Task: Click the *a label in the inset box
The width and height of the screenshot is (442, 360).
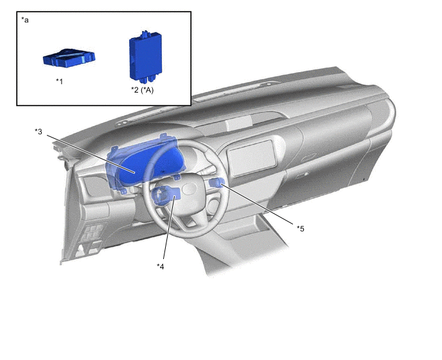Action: click(25, 20)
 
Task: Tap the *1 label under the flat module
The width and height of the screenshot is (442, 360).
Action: click(59, 81)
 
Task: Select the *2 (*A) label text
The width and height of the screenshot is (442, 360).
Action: click(143, 90)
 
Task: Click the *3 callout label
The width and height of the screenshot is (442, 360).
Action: click(39, 132)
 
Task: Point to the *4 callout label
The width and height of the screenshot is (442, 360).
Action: click(161, 266)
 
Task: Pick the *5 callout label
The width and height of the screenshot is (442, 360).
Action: click(301, 228)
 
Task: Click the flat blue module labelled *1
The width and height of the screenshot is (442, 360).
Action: click(69, 58)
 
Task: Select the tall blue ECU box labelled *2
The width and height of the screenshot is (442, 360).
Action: click(145, 57)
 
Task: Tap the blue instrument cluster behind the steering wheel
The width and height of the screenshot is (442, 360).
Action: click(145, 164)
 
